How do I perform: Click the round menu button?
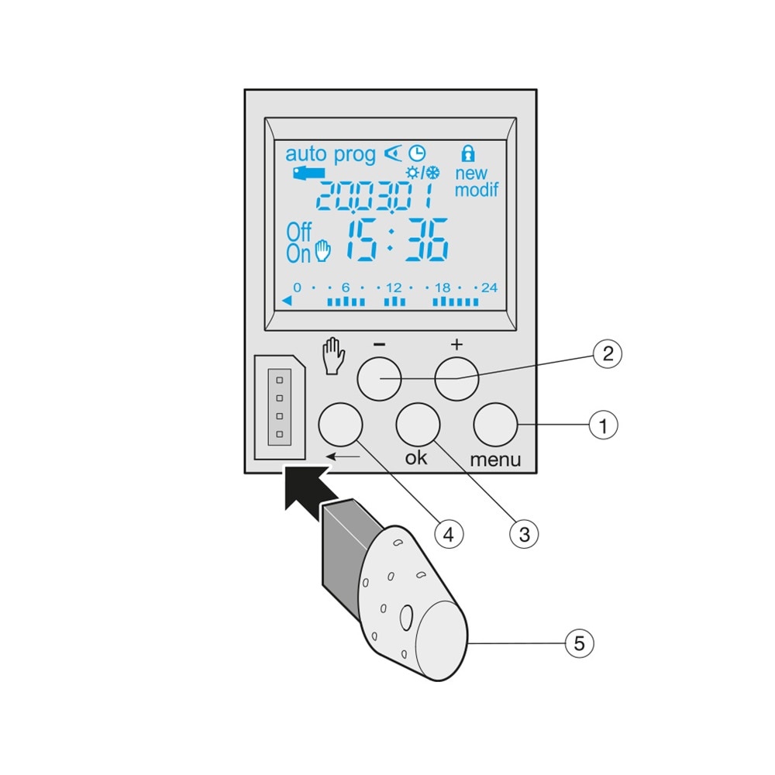click(x=495, y=425)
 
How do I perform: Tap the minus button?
click(x=379, y=379)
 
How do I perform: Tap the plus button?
click(x=456, y=379)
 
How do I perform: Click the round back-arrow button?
click(x=340, y=425)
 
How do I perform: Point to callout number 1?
click(x=603, y=425)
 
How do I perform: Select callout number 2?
click(x=608, y=353)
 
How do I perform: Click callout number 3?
click(x=524, y=534)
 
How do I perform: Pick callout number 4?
click(x=448, y=534)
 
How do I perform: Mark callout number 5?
click(x=579, y=643)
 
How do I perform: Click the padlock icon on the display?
click(x=468, y=153)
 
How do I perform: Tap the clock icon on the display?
click(x=417, y=153)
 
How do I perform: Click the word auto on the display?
click(x=306, y=153)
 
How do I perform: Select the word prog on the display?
click(x=354, y=155)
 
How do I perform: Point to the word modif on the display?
click(x=477, y=190)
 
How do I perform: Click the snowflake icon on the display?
click(x=433, y=173)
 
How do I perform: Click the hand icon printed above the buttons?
click(x=333, y=356)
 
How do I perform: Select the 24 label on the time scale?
click(x=489, y=288)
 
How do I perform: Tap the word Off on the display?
click(x=299, y=232)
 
